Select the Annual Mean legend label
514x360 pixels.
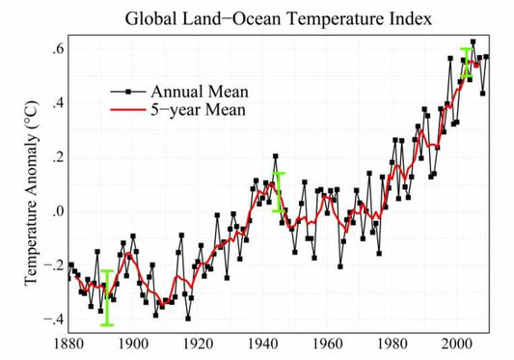[x=200, y=91]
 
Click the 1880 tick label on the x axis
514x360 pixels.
[x=69, y=342]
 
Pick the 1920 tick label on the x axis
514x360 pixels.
[x=199, y=342]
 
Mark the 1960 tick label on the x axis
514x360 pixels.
[x=329, y=342]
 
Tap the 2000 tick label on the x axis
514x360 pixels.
[x=458, y=342]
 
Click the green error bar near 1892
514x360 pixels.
[x=107, y=297]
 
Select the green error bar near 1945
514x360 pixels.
[x=279, y=191]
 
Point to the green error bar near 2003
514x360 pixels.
[x=467, y=62]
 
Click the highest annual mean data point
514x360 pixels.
[x=473, y=42]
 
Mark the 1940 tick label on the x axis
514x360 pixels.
[x=263, y=342]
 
